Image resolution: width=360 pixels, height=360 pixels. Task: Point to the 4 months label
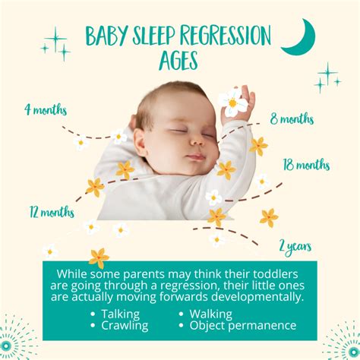(x=46, y=109)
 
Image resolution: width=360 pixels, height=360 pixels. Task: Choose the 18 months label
(x=306, y=164)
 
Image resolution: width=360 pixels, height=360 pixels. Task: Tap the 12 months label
(x=51, y=212)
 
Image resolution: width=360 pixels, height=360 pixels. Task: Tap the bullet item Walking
(x=210, y=313)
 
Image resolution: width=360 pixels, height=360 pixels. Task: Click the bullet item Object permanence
(x=242, y=325)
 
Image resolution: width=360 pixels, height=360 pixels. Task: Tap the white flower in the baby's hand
(x=232, y=100)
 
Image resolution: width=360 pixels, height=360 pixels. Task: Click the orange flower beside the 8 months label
(x=259, y=146)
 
